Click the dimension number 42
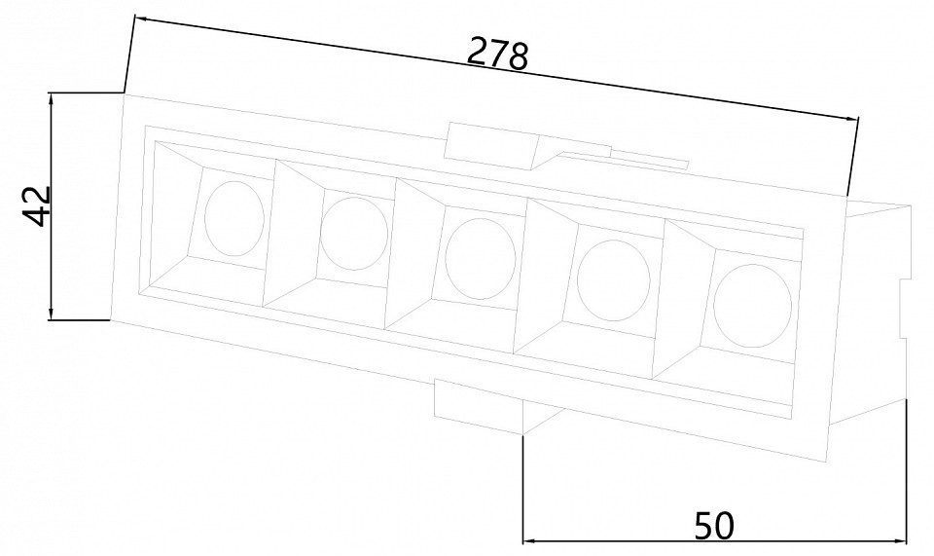pos(37,206)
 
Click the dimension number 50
pos(714,527)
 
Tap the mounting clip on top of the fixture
pos(491,146)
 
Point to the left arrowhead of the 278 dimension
pos(140,19)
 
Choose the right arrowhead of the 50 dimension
pos(902,540)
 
